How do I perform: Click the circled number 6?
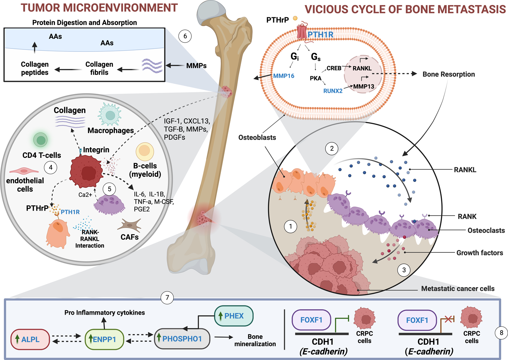click(185, 36)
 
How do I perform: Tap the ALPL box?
click(30, 339)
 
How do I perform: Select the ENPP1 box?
click(104, 339)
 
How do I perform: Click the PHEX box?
click(234, 316)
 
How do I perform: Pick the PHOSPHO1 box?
click(182, 339)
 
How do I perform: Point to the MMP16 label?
click(283, 76)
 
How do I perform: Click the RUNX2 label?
click(333, 91)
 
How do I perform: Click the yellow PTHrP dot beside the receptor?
click(295, 18)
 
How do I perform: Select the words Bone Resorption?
click(449, 74)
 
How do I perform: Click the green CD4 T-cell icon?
click(40, 140)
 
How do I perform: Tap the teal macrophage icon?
click(110, 114)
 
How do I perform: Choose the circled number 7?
click(167, 297)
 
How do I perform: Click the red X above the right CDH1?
click(448, 320)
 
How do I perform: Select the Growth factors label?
click(480, 253)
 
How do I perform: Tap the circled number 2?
click(332, 149)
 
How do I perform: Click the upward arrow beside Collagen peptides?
click(35, 47)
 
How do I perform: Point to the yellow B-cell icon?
click(145, 151)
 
